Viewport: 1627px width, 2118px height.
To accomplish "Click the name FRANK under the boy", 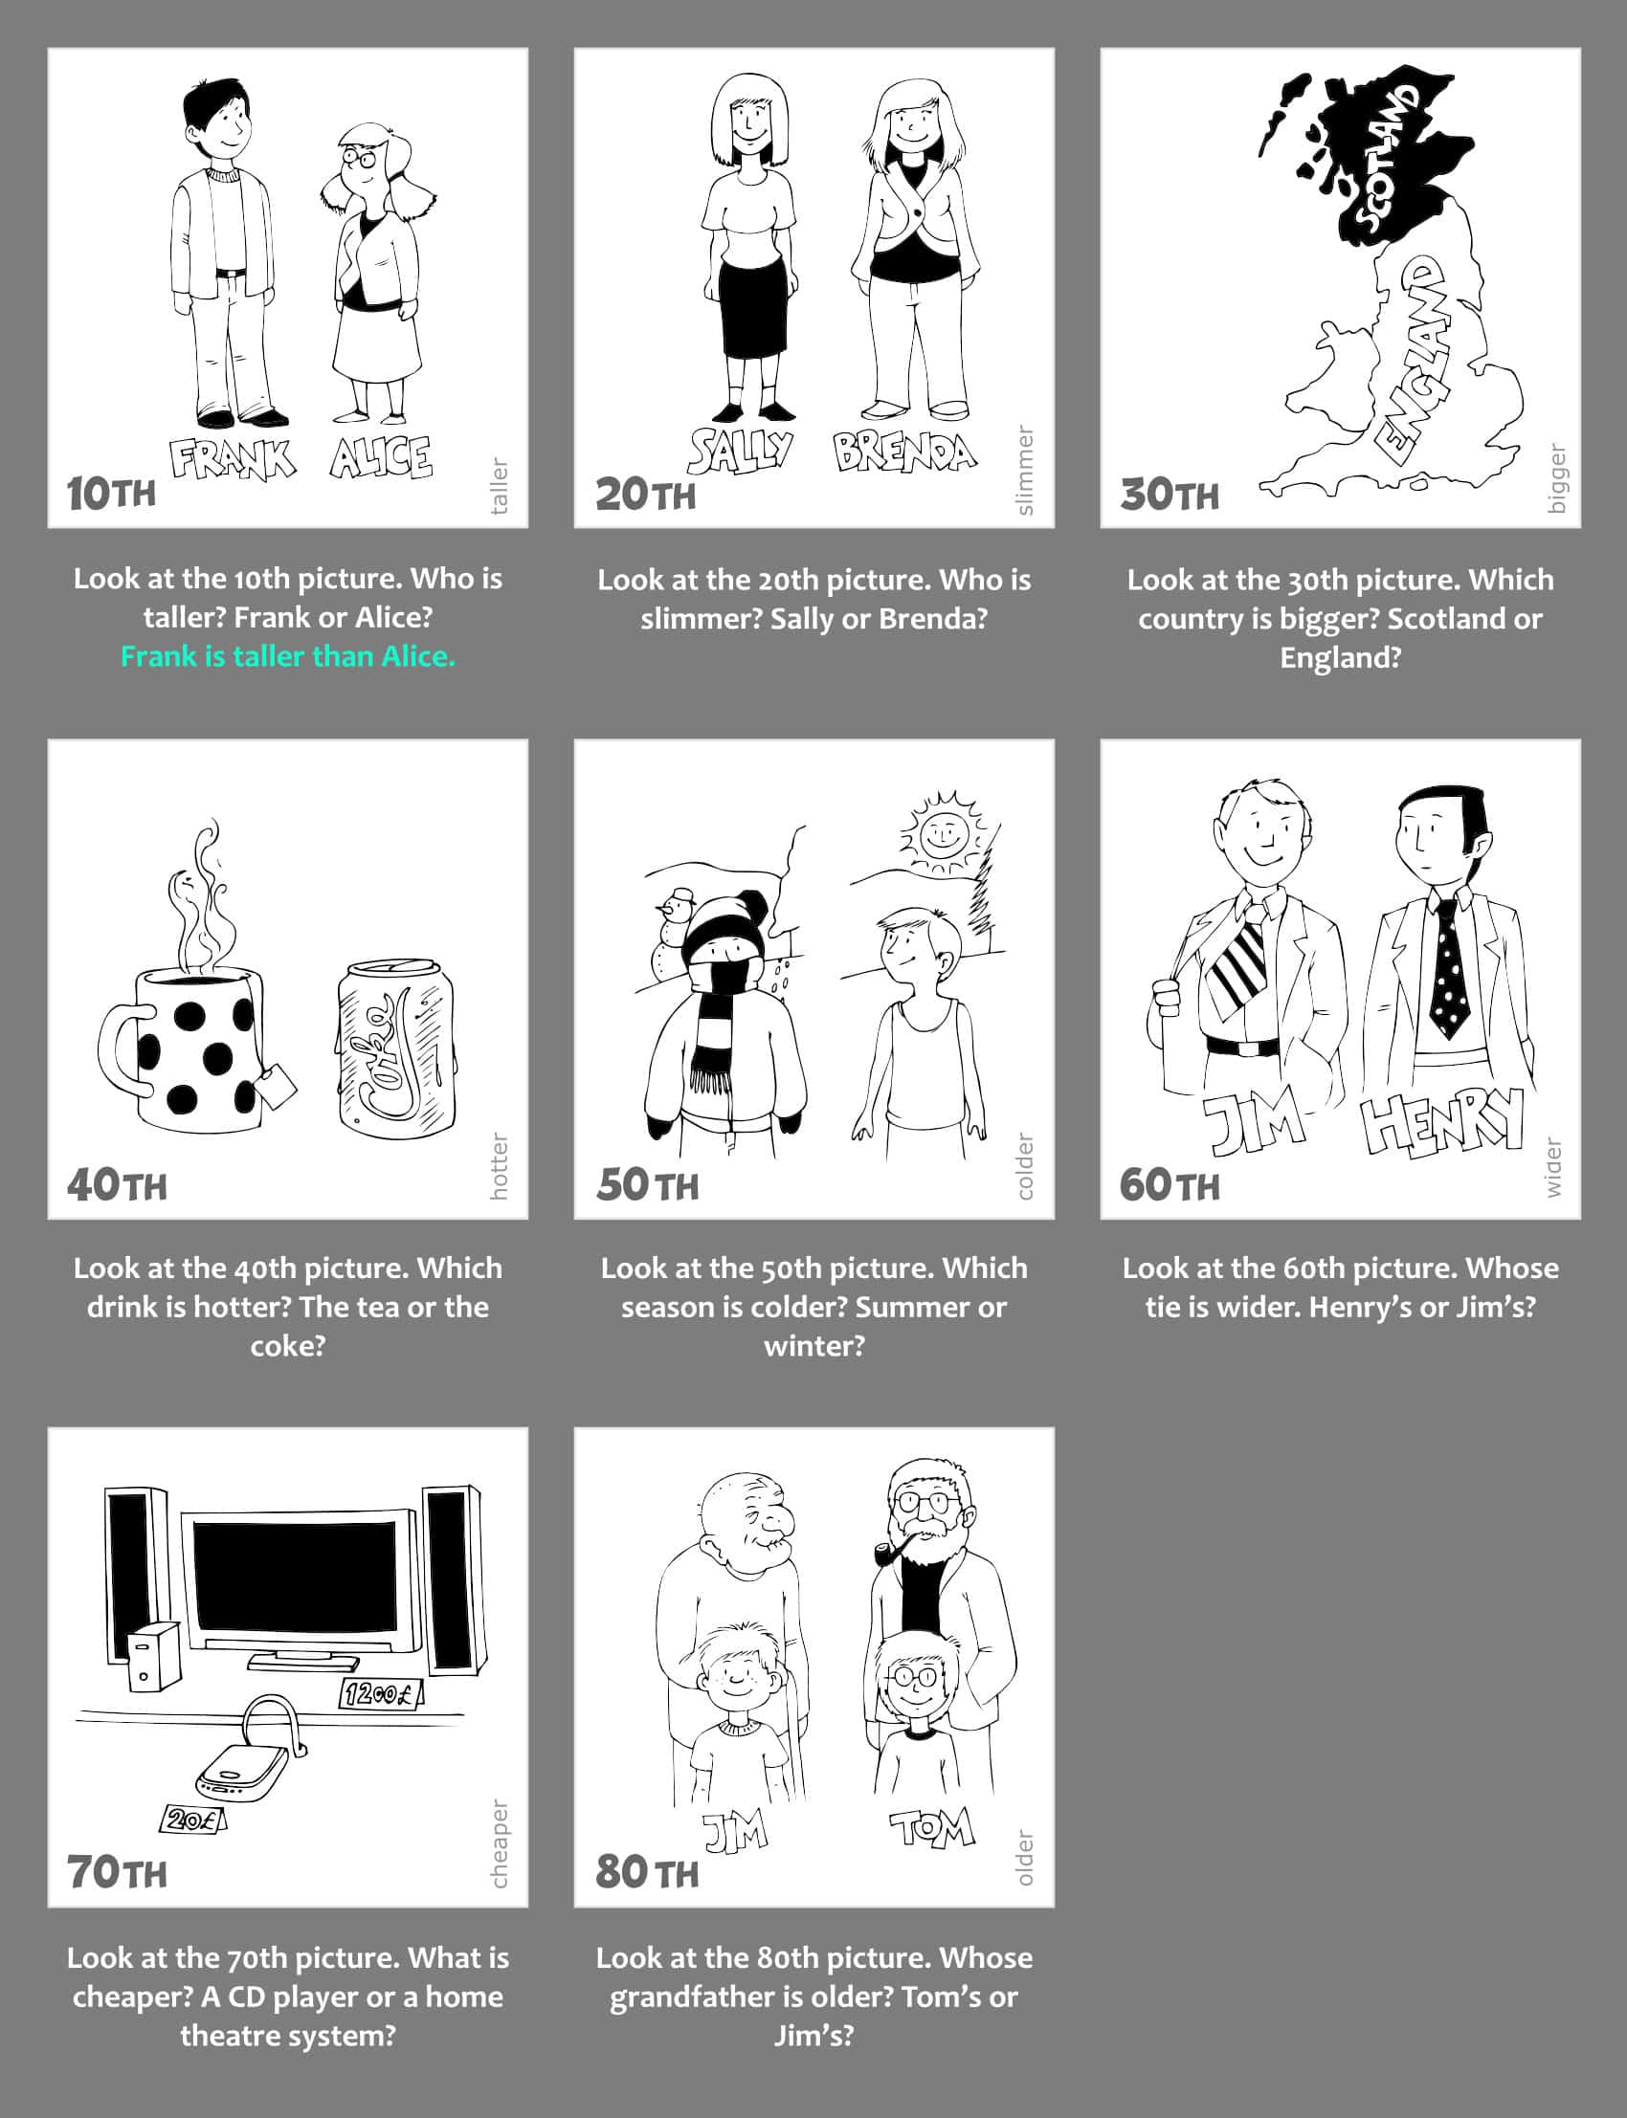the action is (233, 459).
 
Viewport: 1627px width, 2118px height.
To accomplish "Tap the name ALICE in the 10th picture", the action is (381, 457).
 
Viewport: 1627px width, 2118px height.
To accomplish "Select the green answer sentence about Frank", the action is (288, 656).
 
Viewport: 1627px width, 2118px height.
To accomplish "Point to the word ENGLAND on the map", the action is (1417, 359).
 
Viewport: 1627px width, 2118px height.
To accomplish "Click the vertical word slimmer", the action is (1026, 471).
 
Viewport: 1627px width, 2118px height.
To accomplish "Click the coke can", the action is (397, 1046).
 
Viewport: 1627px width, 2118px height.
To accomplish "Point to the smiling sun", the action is (940, 833).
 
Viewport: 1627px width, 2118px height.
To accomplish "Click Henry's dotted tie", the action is (1448, 969).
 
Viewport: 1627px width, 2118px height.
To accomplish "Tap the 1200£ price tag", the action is (381, 1694).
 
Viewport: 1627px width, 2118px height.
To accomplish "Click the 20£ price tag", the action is (192, 1820).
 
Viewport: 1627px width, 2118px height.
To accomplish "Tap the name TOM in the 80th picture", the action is (931, 1828).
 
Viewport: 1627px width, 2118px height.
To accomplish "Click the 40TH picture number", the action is (116, 1185).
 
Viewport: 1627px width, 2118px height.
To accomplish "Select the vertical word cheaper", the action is (499, 1843).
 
